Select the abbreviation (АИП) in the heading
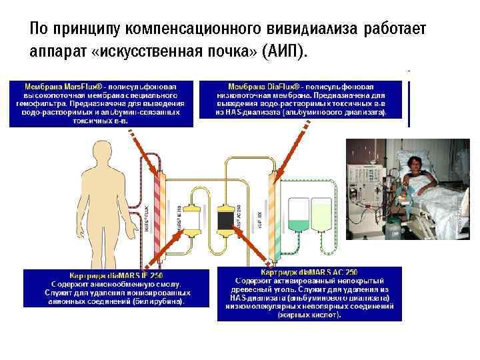[286, 52]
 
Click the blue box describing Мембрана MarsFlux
[101, 104]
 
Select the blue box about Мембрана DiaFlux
[310, 100]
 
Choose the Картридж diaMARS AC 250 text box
[309, 293]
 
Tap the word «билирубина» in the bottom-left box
[160, 301]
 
